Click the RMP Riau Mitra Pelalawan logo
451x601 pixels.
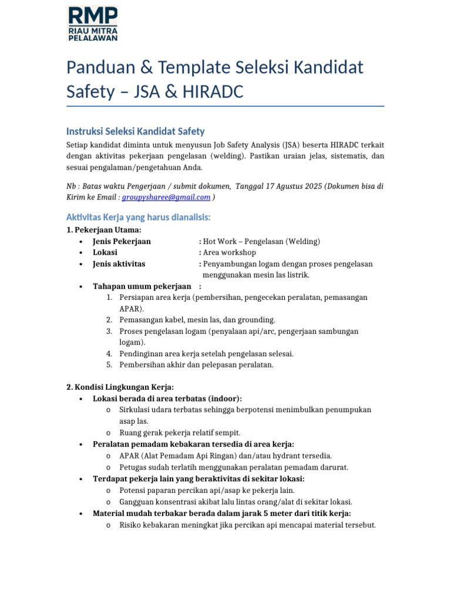click(x=92, y=23)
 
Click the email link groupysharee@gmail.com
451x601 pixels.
click(x=166, y=198)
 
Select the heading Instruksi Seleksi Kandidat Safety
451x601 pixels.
click(x=135, y=131)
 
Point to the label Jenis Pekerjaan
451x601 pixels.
click(x=122, y=241)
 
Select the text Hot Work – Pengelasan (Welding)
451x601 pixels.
click(x=261, y=241)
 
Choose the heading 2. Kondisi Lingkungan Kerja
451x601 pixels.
click(x=120, y=387)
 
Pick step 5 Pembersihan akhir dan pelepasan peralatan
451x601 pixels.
click(x=196, y=364)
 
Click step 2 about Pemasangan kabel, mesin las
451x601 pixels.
click(x=197, y=320)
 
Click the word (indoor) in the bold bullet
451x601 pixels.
click(x=223, y=399)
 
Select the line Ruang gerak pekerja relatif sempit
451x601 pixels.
click(x=180, y=433)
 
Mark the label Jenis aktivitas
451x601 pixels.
click(x=119, y=264)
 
